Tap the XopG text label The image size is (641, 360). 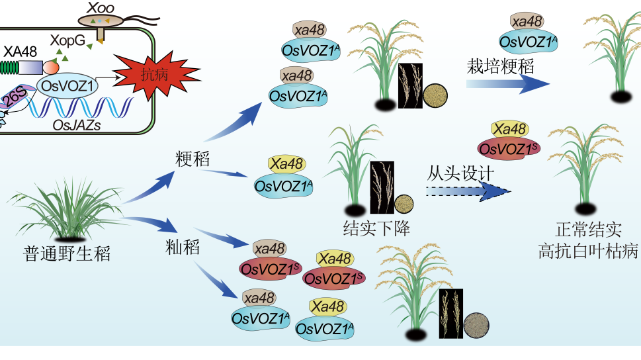pyautogui.click(x=68, y=41)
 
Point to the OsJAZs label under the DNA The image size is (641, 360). pyautogui.click(x=77, y=124)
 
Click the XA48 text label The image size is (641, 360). pyautogui.click(x=20, y=51)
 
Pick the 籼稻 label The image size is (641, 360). pyautogui.click(x=182, y=248)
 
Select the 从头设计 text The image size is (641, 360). pyautogui.click(x=462, y=175)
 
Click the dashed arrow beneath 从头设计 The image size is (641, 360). pyautogui.click(x=468, y=191)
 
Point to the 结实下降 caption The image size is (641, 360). pyautogui.click(x=376, y=229)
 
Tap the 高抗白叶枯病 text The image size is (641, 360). pyautogui.click(x=588, y=250)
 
